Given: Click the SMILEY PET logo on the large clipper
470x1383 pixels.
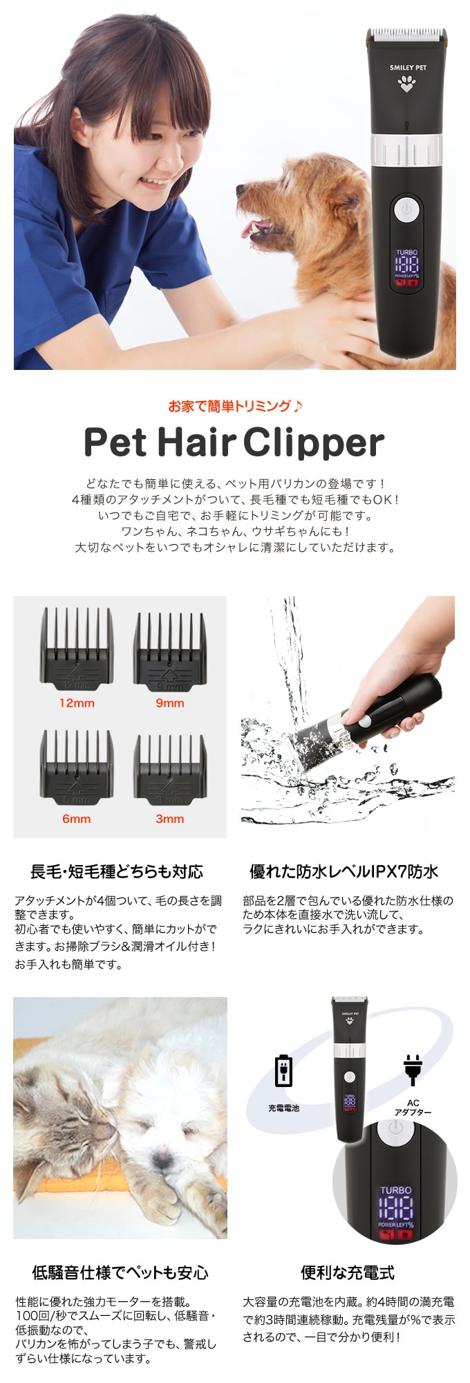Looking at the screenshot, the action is click(407, 68).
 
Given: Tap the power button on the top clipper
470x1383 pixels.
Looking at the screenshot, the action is click(407, 209).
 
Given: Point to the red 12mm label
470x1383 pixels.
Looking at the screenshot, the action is click(77, 703).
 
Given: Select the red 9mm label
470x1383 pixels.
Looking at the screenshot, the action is click(169, 703).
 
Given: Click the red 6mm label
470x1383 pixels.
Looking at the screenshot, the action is click(77, 819).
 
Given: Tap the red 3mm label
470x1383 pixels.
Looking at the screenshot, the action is click(169, 819).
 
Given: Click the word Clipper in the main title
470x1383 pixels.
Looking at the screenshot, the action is click(314, 443).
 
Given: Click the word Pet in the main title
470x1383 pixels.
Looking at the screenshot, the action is click(115, 443).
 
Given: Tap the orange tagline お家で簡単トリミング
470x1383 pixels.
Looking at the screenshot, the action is click(235, 407).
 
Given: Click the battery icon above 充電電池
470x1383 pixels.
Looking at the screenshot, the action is click(284, 1071).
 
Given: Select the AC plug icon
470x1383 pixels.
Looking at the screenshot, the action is click(413, 1070).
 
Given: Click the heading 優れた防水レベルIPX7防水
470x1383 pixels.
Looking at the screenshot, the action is click(344, 872).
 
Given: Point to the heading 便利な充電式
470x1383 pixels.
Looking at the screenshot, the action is click(348, 1272).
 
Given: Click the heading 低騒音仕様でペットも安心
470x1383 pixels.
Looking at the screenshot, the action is click(120, 1272).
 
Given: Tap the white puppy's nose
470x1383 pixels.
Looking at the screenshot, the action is click(160, 1158).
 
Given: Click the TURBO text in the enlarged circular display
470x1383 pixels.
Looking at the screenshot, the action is click(395, 1190).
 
